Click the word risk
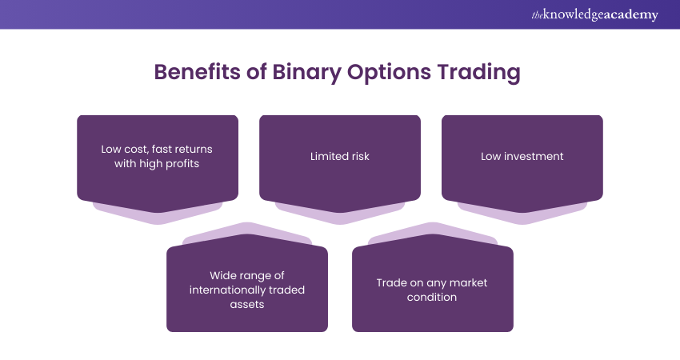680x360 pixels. [357, 157]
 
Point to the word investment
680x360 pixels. [534, 157]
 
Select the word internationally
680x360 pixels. [236, 290]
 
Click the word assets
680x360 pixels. [247, 304]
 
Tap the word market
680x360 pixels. [468, 282]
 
